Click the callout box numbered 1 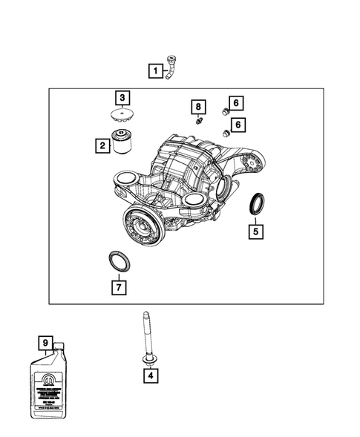155,71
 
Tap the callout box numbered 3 122,97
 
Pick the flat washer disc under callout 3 122,115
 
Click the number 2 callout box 100,146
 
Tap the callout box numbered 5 255,231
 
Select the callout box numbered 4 151,376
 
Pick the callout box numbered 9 45,343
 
